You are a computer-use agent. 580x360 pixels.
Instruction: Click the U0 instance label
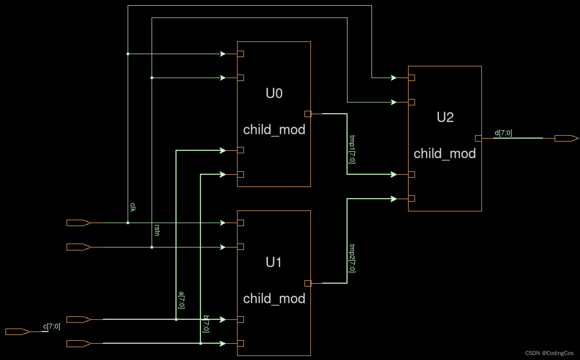[274, 93]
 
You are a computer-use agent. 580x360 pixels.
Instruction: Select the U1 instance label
[274, 262]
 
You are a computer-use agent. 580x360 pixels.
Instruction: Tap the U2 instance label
[445, 117]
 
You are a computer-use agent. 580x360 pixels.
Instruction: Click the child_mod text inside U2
[445, 154]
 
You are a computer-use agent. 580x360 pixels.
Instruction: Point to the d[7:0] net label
[503, 133]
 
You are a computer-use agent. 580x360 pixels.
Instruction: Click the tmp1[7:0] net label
[352, 149]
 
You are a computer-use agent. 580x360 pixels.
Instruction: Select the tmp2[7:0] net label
[352, 258]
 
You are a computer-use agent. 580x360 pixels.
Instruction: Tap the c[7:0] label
[52, 326]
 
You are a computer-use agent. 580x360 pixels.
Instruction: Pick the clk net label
[133, 207]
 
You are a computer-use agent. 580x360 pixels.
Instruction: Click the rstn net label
[157, 230]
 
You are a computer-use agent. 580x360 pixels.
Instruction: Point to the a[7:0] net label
[181, 300]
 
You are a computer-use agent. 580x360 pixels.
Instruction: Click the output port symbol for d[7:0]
[566, 138]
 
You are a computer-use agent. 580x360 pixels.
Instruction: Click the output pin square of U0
[308, 114]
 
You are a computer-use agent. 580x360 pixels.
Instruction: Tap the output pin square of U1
[308, 283]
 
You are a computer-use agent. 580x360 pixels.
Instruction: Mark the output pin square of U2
[478, 138]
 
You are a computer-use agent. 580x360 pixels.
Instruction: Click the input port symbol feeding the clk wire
[78, 223]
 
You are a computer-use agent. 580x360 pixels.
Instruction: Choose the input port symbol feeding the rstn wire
[78, 247]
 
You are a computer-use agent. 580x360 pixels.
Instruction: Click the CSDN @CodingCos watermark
[549, 353]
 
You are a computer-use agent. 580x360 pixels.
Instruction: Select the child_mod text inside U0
[274, 130]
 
